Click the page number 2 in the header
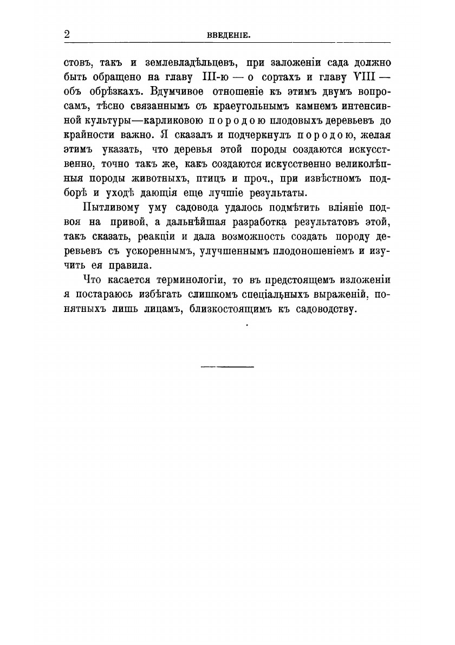point(67,34)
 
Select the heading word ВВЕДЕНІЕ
point(227,35)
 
